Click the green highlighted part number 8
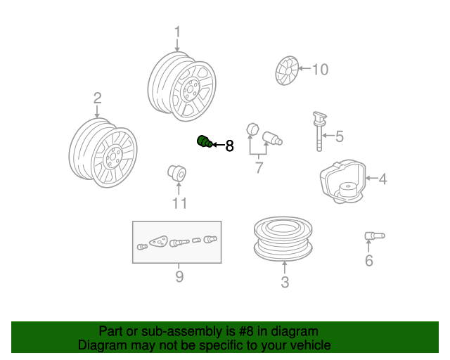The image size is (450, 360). [205, 141]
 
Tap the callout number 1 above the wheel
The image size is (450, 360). [177, 32]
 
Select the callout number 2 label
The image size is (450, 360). [97, 98]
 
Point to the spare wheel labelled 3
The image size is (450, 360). [283, 239]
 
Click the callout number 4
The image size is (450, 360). [382, 179]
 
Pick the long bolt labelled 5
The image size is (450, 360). [319, 131]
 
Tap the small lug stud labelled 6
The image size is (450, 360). [375, 236]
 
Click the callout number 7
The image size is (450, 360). [259, 167]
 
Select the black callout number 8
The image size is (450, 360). [230, 146]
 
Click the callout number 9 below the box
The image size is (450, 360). [179, 277]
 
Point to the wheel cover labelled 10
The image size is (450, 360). [287, 70]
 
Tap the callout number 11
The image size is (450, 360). [179, 203]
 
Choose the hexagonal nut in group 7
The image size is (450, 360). [252, 129]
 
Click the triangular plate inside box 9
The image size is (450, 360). [159, 241]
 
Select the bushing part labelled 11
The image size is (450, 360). [177, 173]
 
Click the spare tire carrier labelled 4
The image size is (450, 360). [342, 181]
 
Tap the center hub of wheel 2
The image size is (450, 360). [112, 157]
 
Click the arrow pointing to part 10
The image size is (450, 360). [304, 68]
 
